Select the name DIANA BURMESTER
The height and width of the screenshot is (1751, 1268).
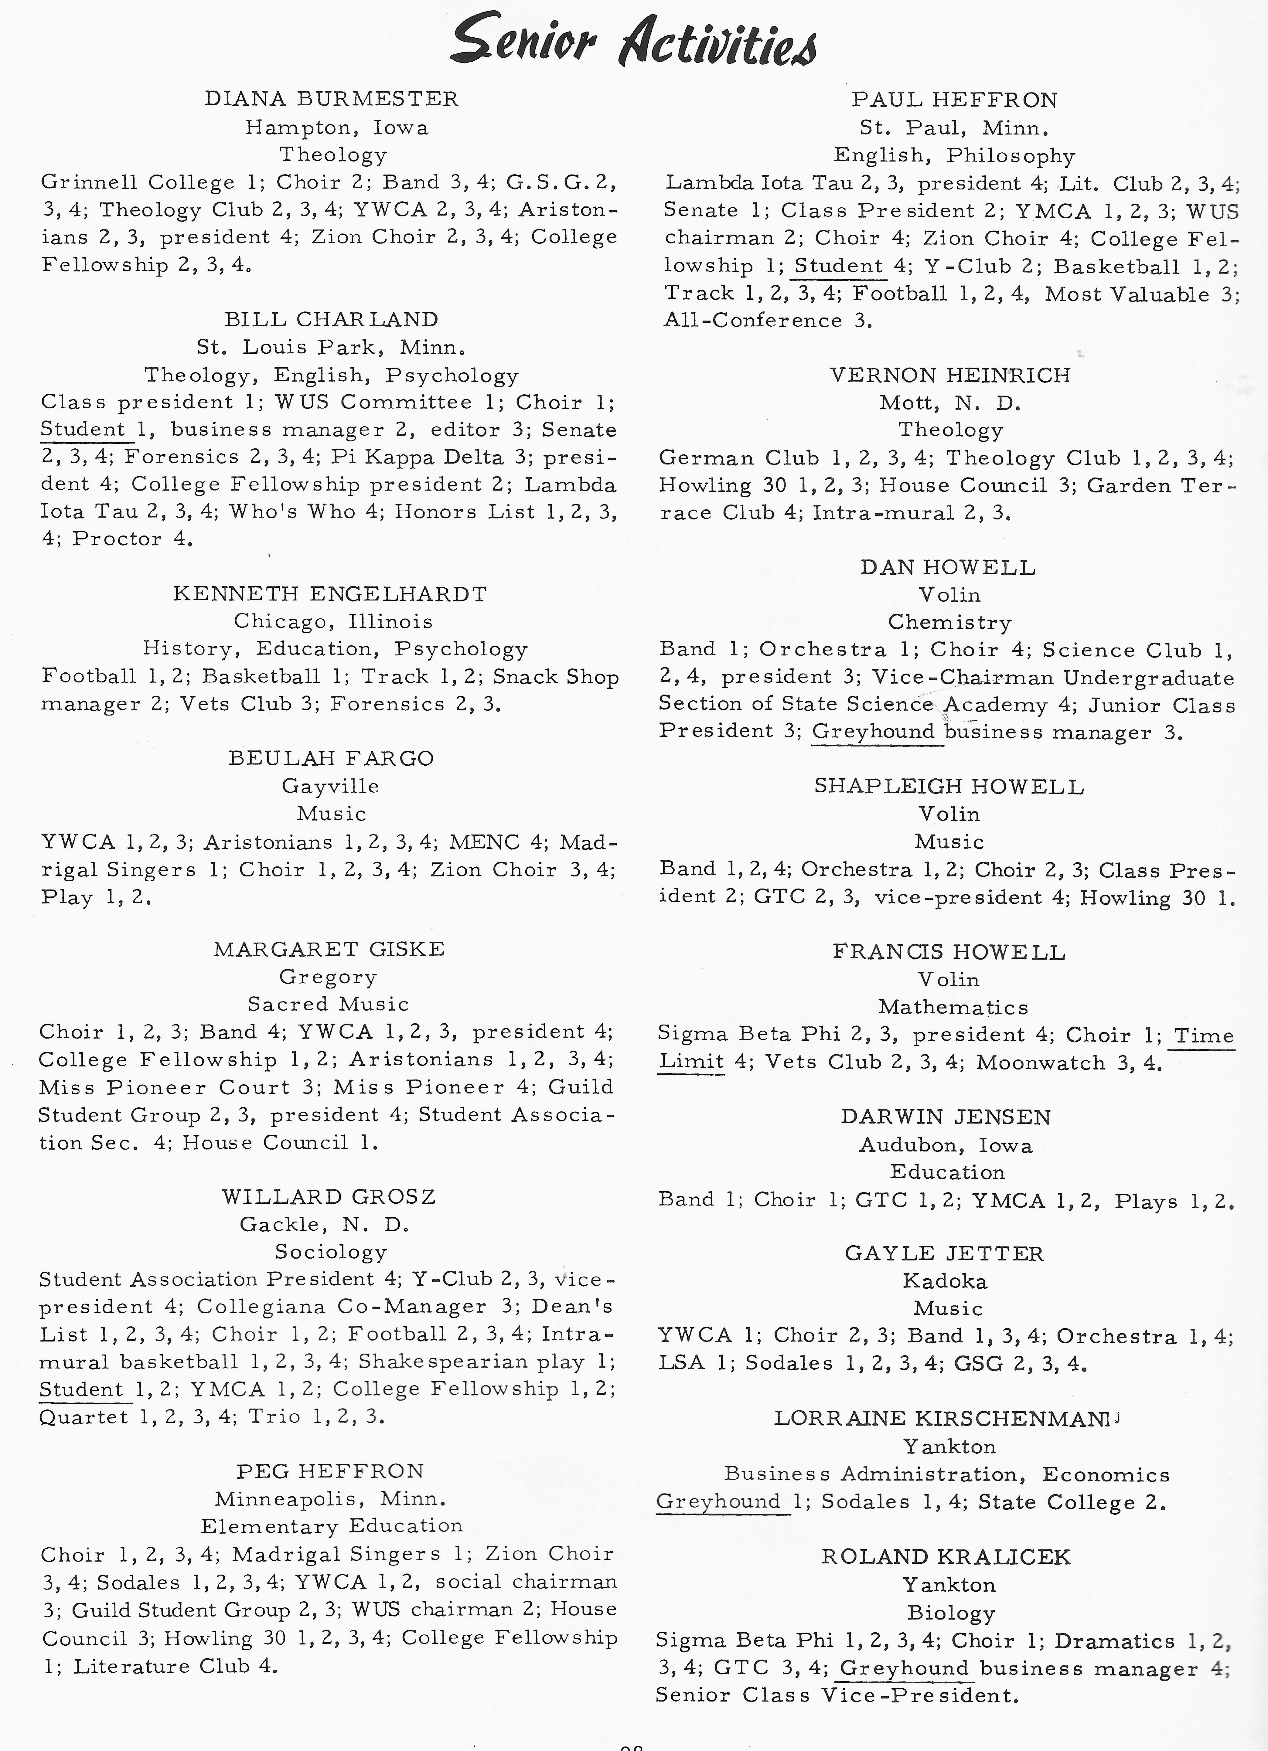[331, 99]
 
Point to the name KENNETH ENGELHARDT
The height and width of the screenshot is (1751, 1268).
[331, 594]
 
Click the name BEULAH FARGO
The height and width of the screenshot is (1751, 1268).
[331, 758]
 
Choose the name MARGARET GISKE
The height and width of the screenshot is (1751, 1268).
[329, 949]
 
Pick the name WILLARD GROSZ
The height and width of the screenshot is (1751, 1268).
[329, 1197]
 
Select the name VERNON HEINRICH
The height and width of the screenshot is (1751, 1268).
[950, 375]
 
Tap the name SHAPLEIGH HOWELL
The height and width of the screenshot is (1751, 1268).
[949, 787]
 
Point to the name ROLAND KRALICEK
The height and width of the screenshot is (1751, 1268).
[946, 1556]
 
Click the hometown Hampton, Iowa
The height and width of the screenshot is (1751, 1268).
[337, 127]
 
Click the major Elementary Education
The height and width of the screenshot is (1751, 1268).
[332, 1525]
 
